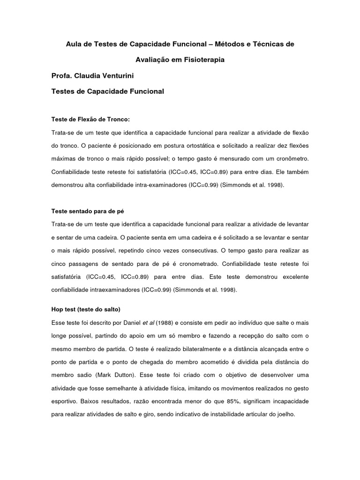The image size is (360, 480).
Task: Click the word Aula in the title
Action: [x=72, y=44]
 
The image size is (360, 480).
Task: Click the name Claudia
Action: [x=91, y=75]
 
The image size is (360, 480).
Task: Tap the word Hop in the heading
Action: [x=57, y=310]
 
